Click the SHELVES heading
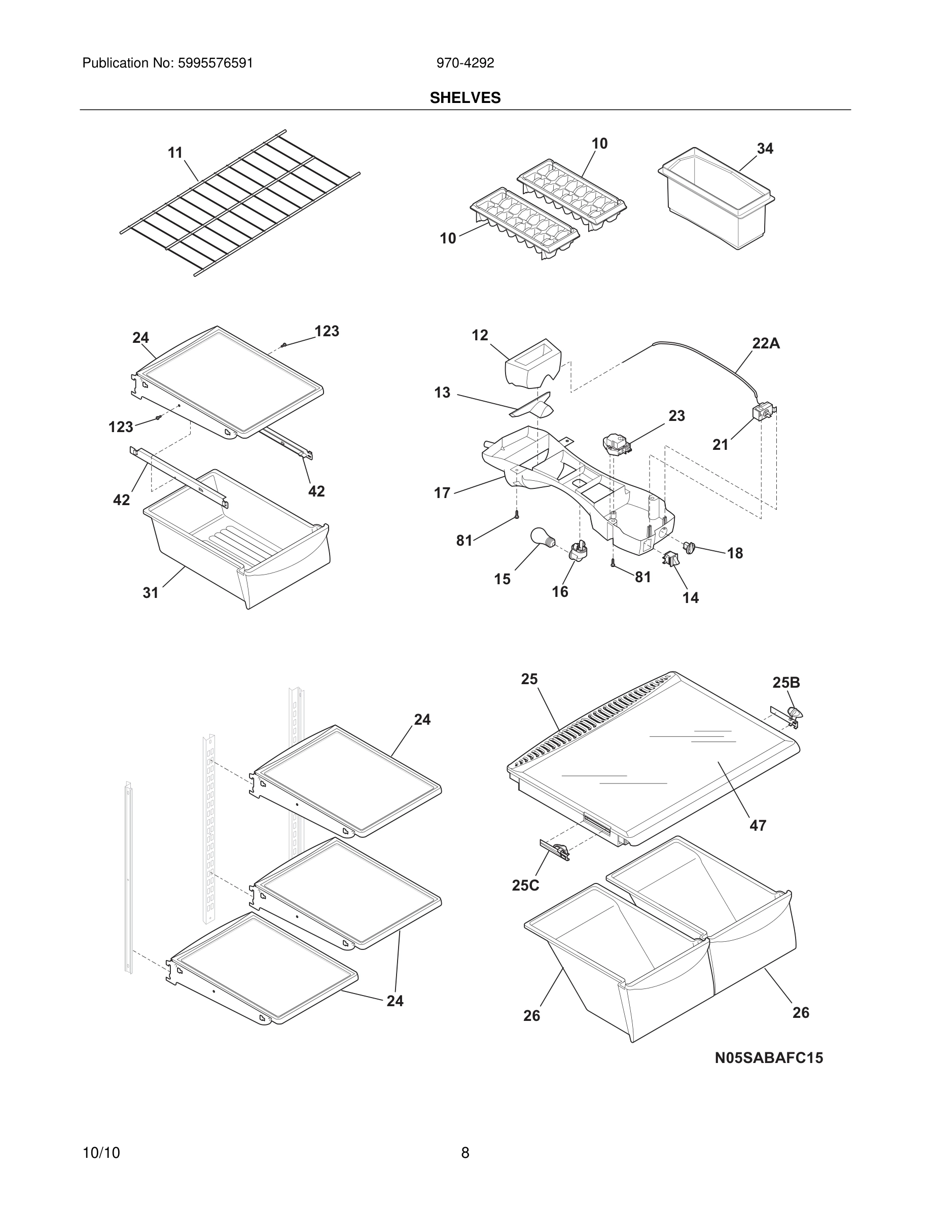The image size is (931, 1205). (465, 98)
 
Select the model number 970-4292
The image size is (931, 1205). (465, 63)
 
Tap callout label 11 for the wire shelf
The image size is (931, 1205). (175, 153)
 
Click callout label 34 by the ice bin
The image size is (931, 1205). (765, 149)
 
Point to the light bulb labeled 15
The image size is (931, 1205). (542, 538)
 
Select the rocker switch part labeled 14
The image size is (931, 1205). (671, 559)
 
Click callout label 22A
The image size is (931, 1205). (766, 343)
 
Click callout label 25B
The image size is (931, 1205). (785, 683)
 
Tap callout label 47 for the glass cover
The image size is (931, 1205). (757, 826)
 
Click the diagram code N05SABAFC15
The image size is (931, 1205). (768, 1058)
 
